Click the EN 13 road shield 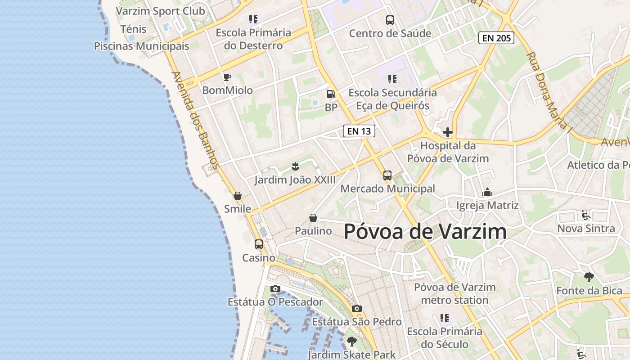click(359, 131)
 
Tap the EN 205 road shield click(496, 38)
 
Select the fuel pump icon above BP click(331, 94)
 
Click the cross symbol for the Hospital click(448, 132)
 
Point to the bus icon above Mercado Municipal click(387, 175)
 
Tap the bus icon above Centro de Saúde click(390, 20)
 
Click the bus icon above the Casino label click(259, 244)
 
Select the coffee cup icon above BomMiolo click(227, 77)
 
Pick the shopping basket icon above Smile click(238, 196)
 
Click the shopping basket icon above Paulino click(313, 218)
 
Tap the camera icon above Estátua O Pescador click(275, 288)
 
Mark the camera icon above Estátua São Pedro click(357, 308)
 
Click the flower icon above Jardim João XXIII click(295, 166)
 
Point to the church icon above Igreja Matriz click(487, 193)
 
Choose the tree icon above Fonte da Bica click(589, 277)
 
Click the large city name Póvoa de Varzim click(425, 232)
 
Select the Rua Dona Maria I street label click(549, 90)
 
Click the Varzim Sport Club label click(160, 11)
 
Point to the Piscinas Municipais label click(141, 46)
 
